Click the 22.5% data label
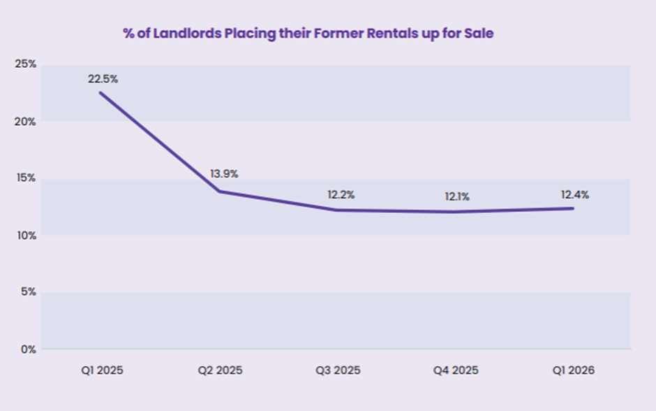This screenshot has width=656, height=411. pos(103,79)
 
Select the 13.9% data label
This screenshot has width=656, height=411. pos(224,174)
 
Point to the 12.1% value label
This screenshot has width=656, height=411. pos(457,196)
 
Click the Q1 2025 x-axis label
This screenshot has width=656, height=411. pos(102,370)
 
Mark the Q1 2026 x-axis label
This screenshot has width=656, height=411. pos(574,370)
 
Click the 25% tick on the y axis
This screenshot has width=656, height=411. pos(25,64)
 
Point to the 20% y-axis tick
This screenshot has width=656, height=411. pos(25,121)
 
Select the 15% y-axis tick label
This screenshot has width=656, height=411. pos(25,178)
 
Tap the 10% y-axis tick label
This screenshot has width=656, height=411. pos(25,235)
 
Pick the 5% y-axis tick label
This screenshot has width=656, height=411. pos(27,291)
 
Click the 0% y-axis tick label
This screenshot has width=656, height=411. pos(27,349)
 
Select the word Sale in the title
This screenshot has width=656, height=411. pos(480,34)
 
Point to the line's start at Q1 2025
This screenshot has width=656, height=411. pos(100,92)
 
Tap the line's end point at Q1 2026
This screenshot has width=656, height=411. pos(574,208)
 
